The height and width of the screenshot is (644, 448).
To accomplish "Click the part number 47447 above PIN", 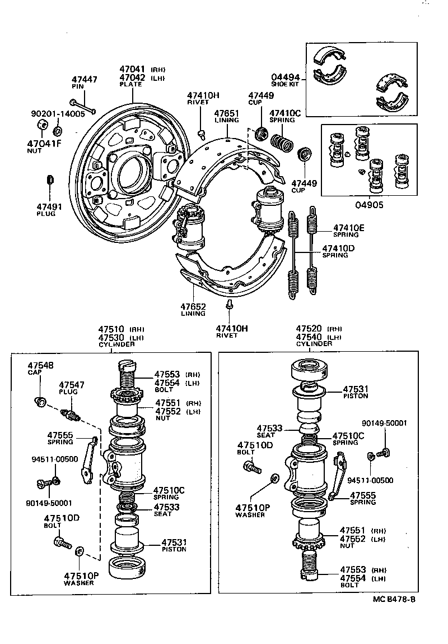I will pos(85,80).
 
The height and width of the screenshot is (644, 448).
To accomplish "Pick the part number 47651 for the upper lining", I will pos(227,113).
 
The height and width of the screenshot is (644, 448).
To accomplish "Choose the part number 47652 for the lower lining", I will pos(193,307).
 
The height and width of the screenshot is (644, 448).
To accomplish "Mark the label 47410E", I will pos(349,228).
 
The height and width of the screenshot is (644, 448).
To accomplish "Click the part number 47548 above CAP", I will pos(41,365).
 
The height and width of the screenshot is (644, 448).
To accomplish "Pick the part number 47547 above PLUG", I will pos(72,384).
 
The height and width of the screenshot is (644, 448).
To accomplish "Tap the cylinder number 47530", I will pos(112,337).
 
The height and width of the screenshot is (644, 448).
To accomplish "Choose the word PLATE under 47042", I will pos(131,84).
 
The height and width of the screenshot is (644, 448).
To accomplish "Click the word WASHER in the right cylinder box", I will pos(250,515).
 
